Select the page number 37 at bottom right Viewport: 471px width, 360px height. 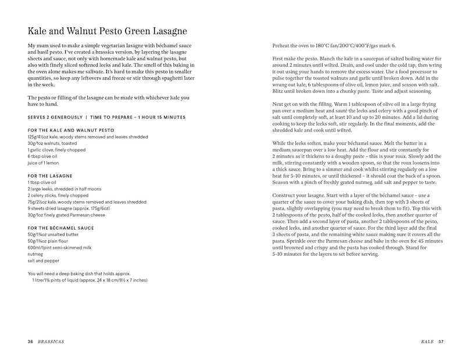(x=441, y=341)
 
